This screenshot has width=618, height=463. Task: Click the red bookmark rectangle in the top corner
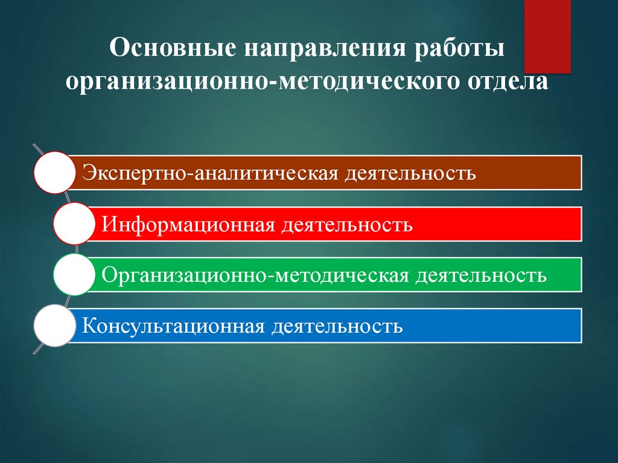click(x=547, y=36)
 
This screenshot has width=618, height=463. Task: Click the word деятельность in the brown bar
click(x=410, y=174)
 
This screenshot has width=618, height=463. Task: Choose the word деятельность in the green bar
click(x=481, y=276)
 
